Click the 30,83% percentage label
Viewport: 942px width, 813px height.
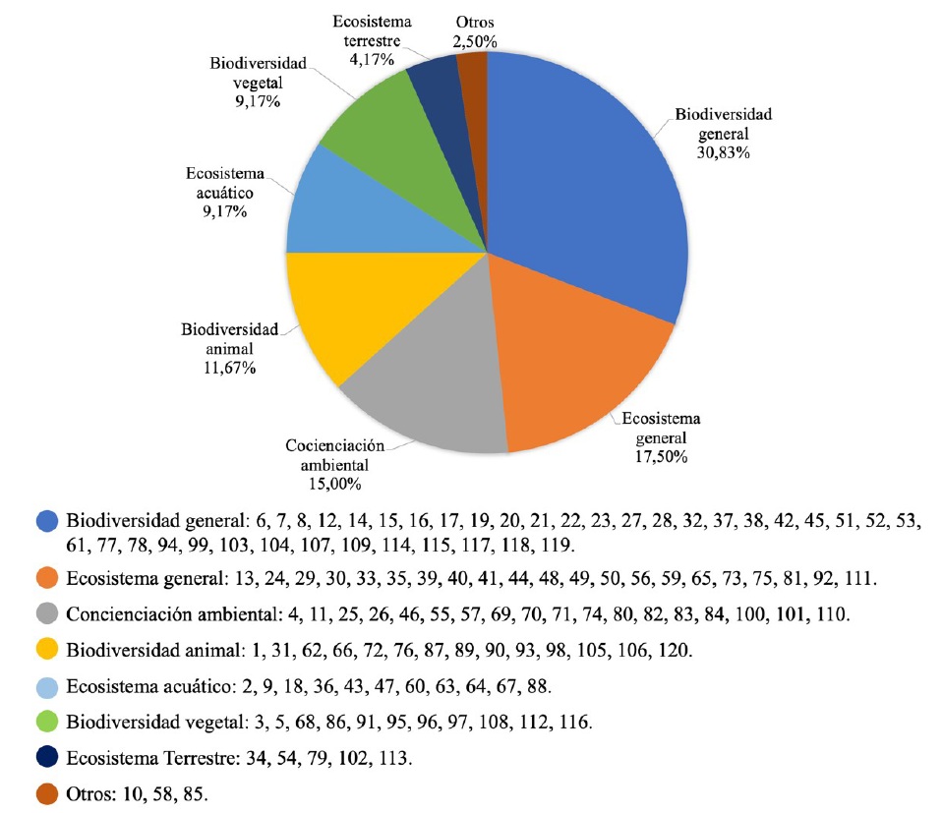click(723, 153)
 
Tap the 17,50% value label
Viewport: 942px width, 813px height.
click(666, 456)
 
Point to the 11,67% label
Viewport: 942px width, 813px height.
click(229, 368)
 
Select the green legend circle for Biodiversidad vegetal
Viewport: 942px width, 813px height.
click(46, 723)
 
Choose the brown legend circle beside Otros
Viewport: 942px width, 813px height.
click(46, 794)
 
